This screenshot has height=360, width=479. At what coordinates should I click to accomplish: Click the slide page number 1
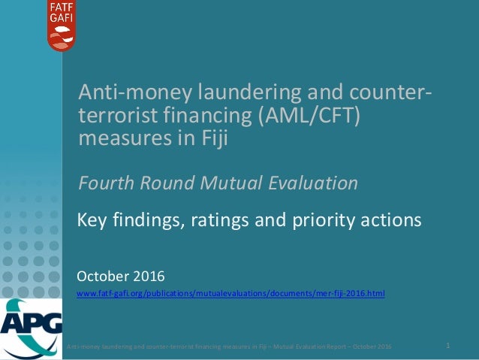click(x=447, y=345)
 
